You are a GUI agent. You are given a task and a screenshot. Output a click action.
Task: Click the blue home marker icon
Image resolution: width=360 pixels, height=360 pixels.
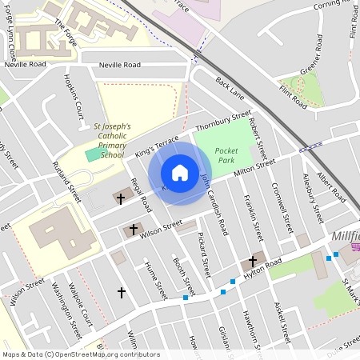click(180, 173)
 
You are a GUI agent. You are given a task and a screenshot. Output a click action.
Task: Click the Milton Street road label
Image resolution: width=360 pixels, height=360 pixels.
click(254, 166)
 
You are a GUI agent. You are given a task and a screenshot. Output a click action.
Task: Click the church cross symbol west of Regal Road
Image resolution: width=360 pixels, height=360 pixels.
click(122, 198)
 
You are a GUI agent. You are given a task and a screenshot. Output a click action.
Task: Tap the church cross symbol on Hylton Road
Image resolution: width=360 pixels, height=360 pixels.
click(253, 262)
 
